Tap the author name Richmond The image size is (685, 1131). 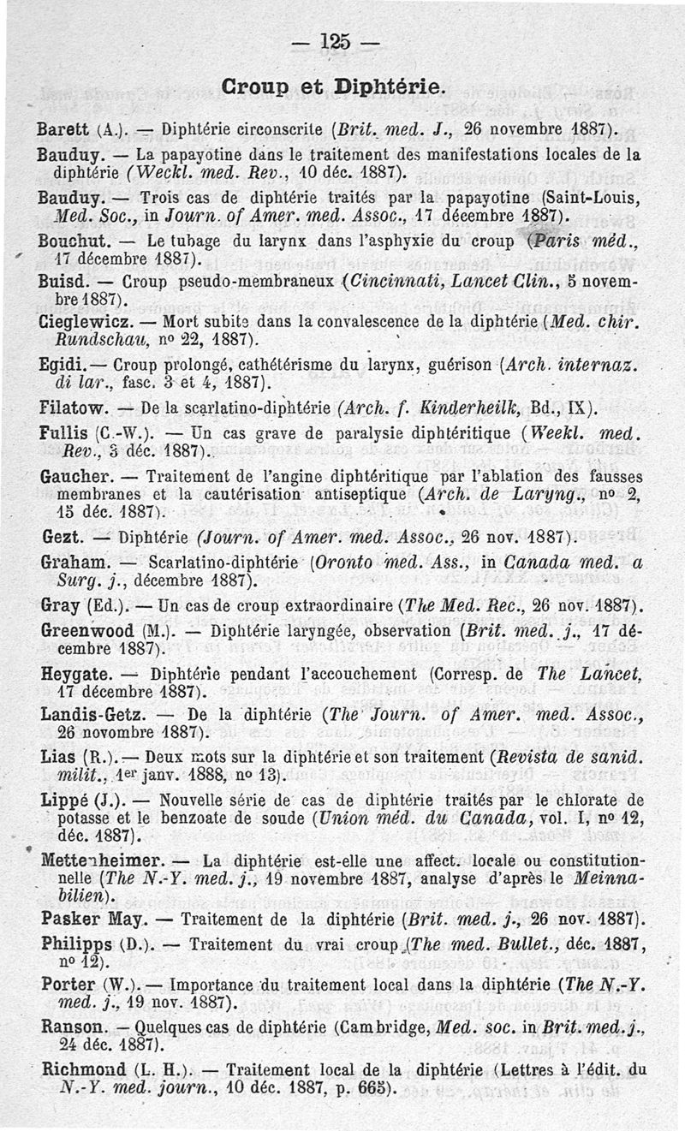point(82,1068)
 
